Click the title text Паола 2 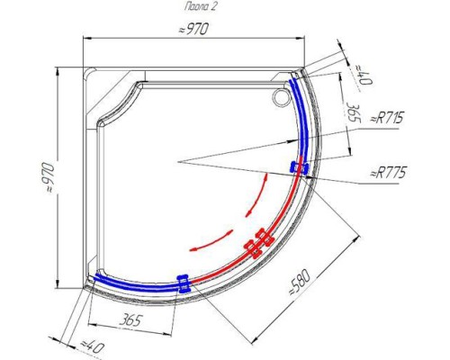click(200, 6)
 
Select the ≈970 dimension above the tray click(193, 30)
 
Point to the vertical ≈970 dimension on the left click(49, 177)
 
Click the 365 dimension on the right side click(353, 112)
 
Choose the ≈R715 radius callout click(387, 118)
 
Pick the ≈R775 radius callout click(388, 173)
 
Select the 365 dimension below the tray click(130, 320)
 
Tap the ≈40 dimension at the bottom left click(92, 348)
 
